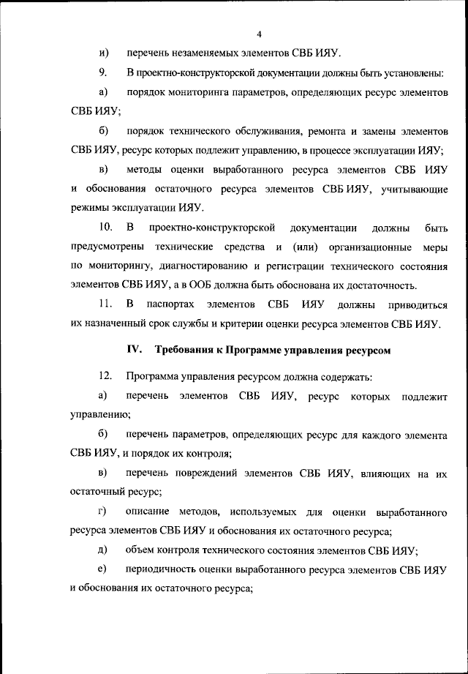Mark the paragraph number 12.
(x=105, y=377)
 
